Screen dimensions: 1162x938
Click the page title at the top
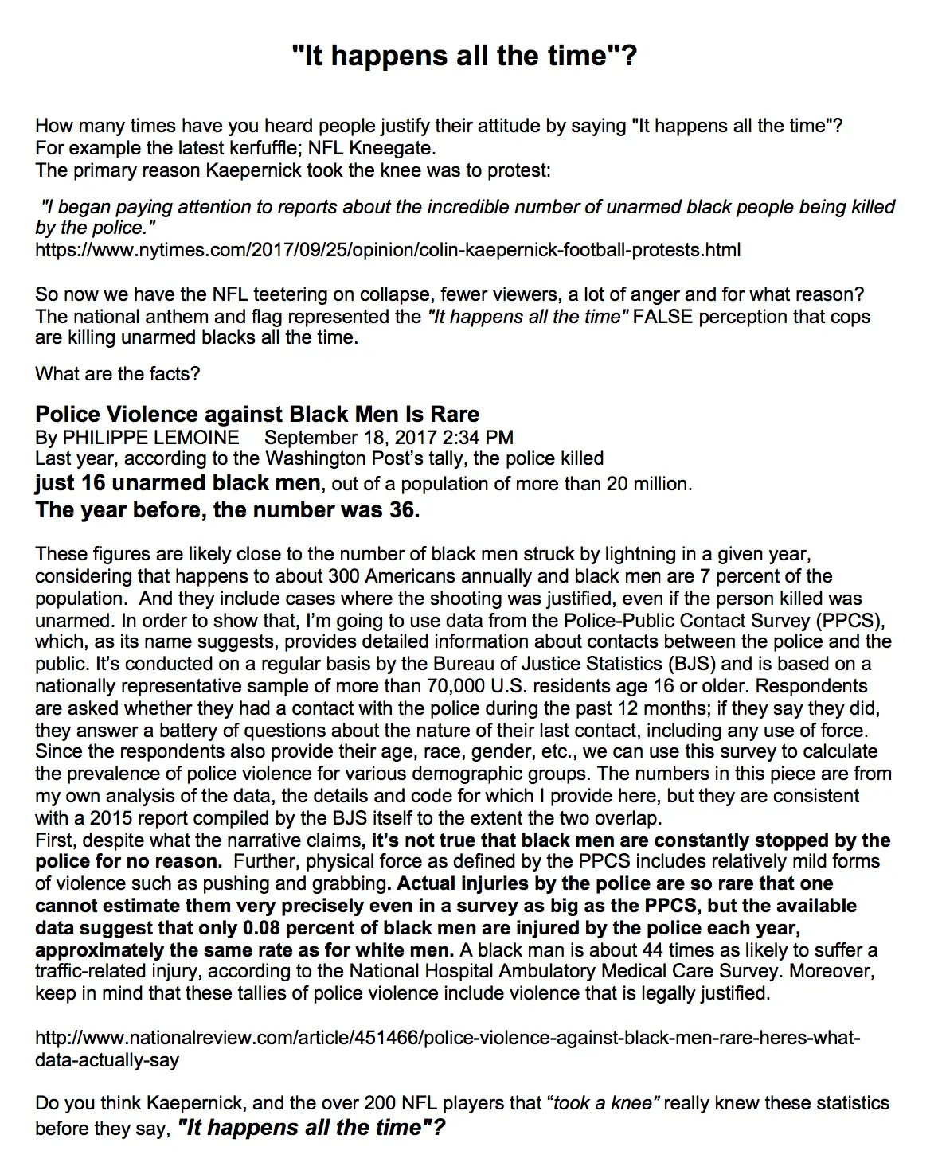464,56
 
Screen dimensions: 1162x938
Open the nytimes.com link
388,250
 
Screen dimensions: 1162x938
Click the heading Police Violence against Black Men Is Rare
257,414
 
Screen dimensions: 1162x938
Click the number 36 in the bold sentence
404,509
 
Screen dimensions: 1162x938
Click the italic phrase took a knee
603,1103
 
